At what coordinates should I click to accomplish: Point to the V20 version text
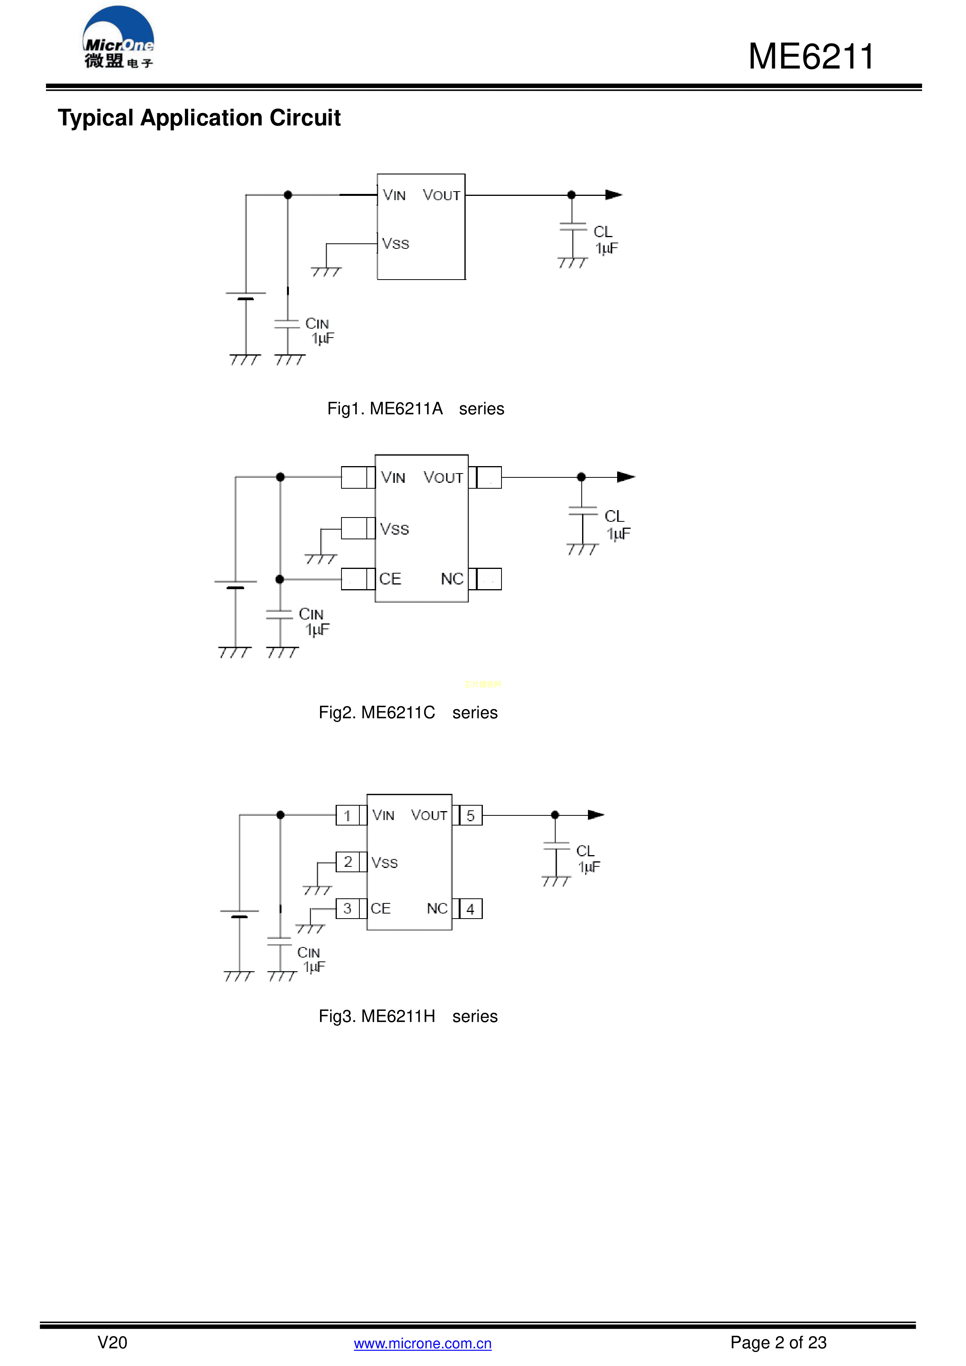113,1342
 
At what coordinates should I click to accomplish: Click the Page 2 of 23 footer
778,1342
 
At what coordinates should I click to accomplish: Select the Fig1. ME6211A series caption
415,409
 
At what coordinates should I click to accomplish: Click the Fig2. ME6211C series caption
408,712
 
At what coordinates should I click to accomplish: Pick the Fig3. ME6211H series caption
408,1016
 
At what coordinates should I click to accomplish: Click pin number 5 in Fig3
470,816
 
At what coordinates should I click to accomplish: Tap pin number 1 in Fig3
347,816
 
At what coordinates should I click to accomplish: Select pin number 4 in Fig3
470,909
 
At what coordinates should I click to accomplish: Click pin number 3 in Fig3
347,908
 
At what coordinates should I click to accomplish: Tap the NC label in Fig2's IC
452,579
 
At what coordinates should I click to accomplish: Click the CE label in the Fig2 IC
390,579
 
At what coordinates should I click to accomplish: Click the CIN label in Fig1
317,324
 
